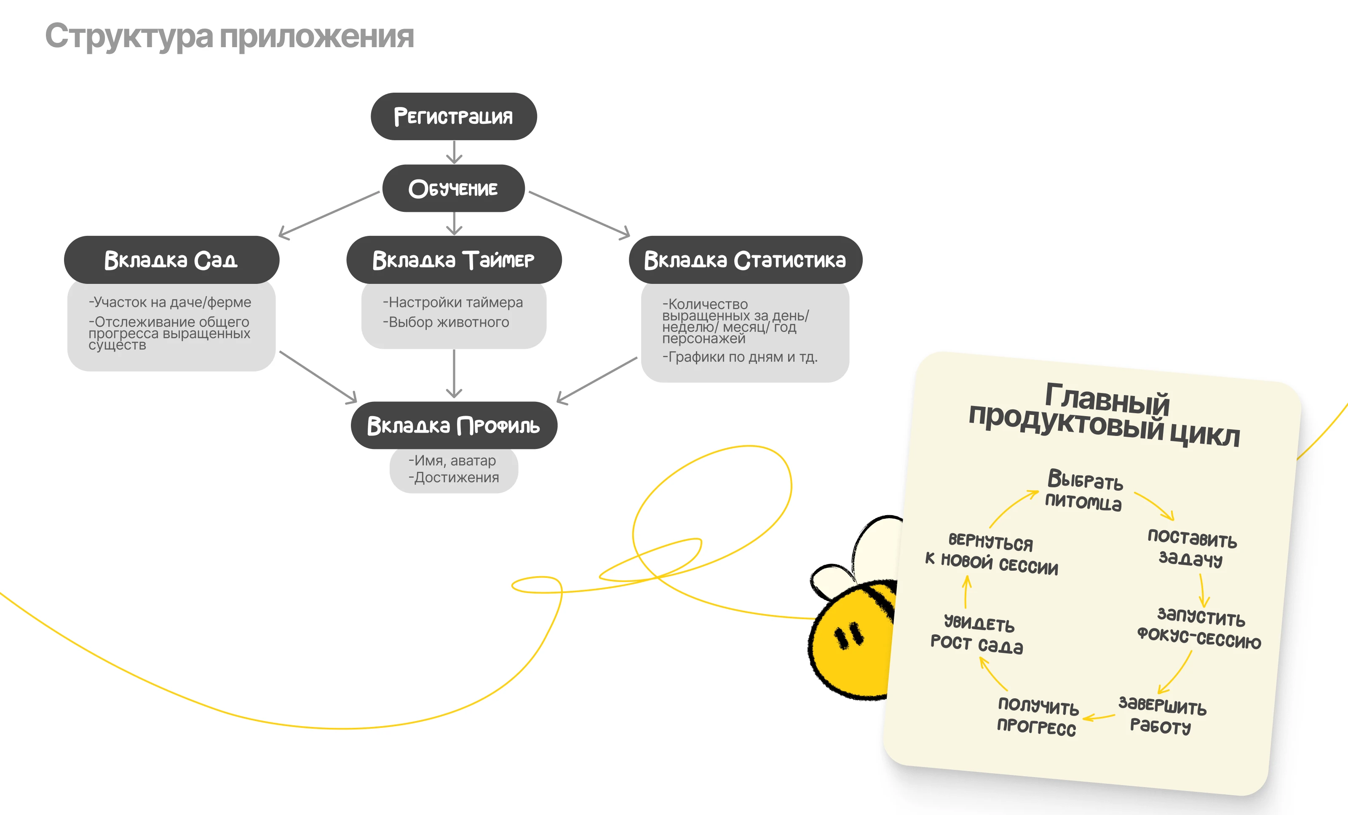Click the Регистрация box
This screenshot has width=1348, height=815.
pos(454,117)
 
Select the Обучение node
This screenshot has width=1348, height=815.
pos(454,188)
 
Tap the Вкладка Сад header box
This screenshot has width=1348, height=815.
pos(171,260)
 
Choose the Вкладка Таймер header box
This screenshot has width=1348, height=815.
pos(454,260)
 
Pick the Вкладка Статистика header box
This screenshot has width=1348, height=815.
pos(745,260)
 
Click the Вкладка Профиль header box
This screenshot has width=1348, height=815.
pos(454,425)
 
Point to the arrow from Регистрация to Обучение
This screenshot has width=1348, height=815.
pos(454,152)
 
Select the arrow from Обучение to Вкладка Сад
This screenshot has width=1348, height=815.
pos(329,214)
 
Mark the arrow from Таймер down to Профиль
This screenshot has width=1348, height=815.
pos(454,374)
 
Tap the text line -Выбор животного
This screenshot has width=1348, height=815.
pos(446,322)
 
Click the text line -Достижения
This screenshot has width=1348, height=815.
pos(454,478)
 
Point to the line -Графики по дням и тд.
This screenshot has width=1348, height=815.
pos(740,357)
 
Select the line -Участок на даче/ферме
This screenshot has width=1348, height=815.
pos(170,302)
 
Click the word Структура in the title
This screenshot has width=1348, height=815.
pos(129,37)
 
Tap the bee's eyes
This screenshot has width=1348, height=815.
pos(848,636)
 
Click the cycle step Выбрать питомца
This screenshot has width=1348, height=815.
pos(1084,490)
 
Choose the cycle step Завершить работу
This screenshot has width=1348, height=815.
pos(1162,716)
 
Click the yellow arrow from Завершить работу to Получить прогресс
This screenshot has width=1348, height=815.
pos(1099,717)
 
